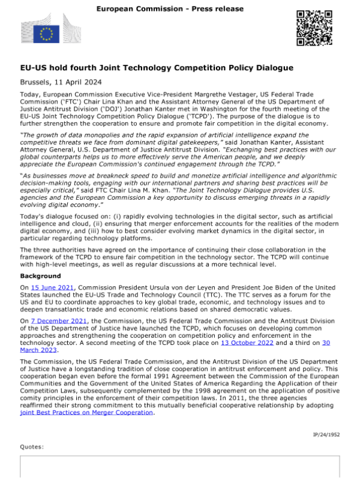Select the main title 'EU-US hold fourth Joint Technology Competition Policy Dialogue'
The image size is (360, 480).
(x=157, y=68)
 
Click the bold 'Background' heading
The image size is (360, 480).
(x=41, y=276)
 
